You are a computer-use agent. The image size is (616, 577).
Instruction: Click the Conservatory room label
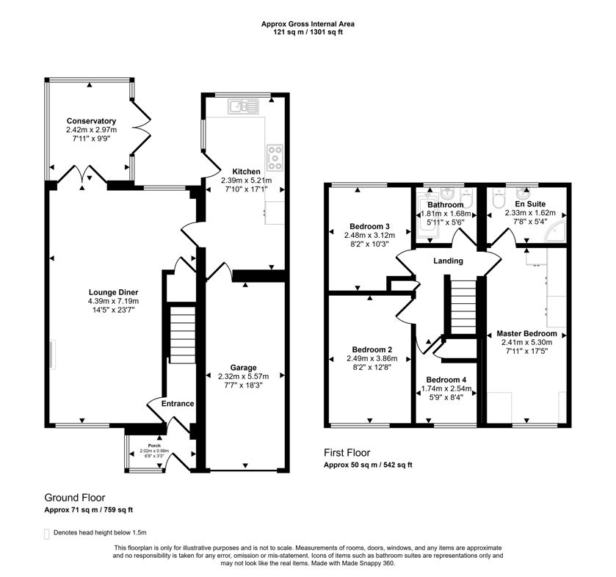tap(91, 121)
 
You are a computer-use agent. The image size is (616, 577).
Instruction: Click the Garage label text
tap(243, 367)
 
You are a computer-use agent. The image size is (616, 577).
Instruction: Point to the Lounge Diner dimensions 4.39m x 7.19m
tap(113, 301)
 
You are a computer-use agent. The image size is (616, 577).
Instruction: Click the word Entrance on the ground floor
tap(178, 404)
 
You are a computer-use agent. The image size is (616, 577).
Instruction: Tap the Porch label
tap(153, 446)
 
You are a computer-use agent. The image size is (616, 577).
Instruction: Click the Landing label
tap(448, 261)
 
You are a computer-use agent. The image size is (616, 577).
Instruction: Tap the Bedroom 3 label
tap(370, 225)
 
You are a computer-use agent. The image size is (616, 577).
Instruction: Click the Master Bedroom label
tap(526, 333)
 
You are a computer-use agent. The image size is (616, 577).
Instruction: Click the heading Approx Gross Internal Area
tap(308, 23)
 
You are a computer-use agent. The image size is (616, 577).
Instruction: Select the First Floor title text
tap(347, 453)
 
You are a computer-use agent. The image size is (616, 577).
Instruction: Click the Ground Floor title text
tap(73, 497)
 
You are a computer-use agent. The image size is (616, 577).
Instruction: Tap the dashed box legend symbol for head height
tap(48, 534)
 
